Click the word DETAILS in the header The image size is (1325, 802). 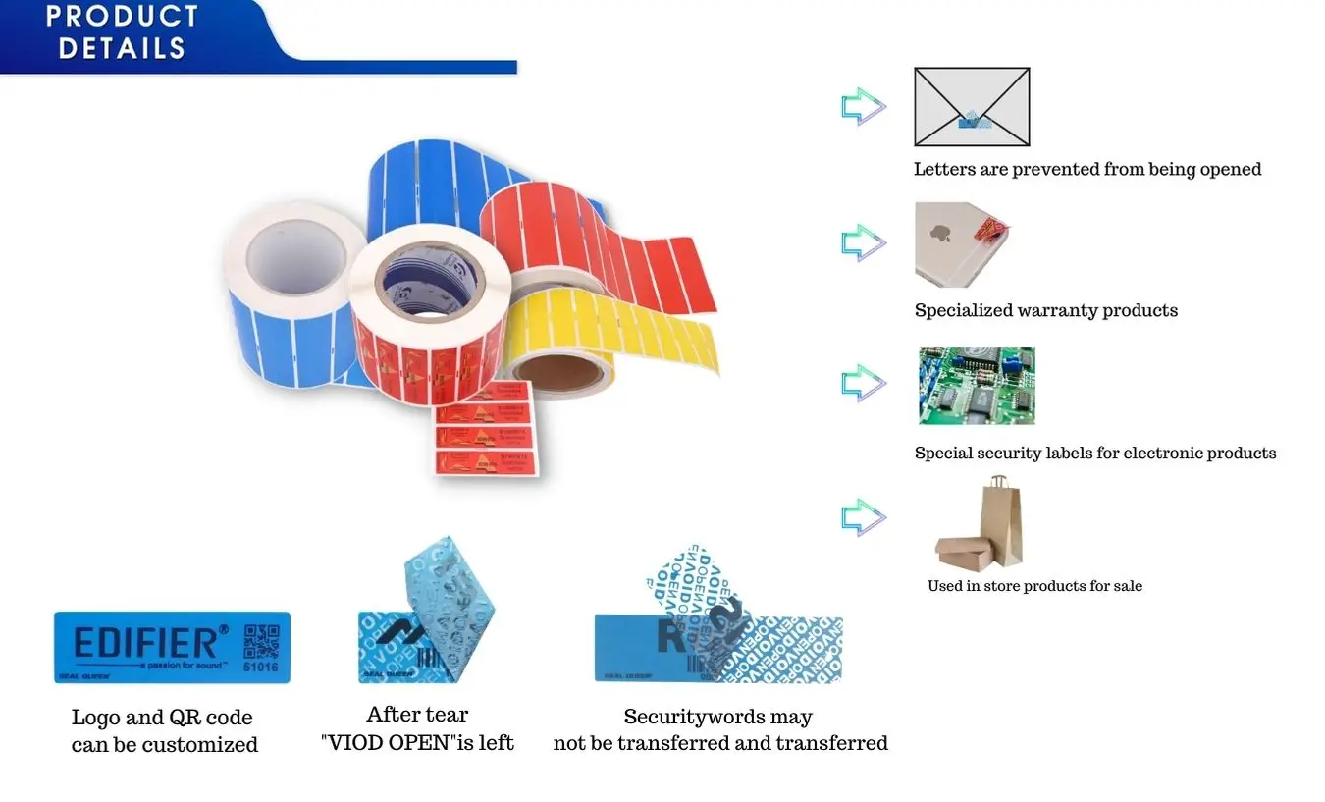point(122,47)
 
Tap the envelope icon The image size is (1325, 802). point(971,106)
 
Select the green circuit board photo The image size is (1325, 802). point(976,385)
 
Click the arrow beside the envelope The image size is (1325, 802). point(863,106)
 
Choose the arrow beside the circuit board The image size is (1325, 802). point(863,383)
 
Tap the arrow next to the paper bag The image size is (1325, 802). point(863,517)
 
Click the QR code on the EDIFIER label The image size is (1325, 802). point(261,639)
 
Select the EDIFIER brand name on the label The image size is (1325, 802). point(145,643)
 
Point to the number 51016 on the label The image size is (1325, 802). point(260,668)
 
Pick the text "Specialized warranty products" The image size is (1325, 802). point(1045,310)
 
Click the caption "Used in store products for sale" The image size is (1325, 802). point(1034,586)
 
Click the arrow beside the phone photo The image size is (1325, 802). point(863,242)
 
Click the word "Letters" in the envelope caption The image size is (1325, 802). point(944,169)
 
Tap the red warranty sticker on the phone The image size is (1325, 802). point(989,234)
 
